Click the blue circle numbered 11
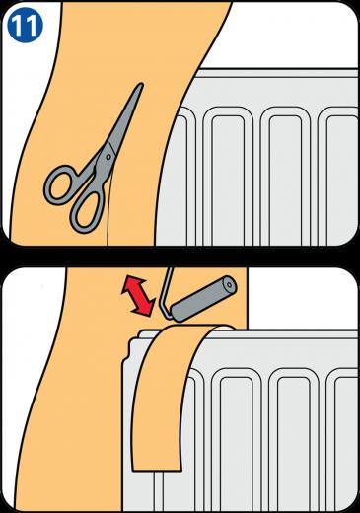[x=25, y=26]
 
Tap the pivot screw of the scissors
[x=108, y=157]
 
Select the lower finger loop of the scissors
[x=87, y=210]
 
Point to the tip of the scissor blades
[x=142, y=85]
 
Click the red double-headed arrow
[x=138, y=296]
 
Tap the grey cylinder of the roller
[x=203, y=299]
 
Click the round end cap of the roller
[x=229, y=284]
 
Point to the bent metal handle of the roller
[x=165, y=295]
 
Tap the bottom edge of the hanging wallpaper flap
[x=157, y=470]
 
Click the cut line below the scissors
[x=109, y=208]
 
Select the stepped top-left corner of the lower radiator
[x=131, y=349]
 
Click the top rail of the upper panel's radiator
[x=279, y=73]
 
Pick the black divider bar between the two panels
[x=180, y=256]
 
